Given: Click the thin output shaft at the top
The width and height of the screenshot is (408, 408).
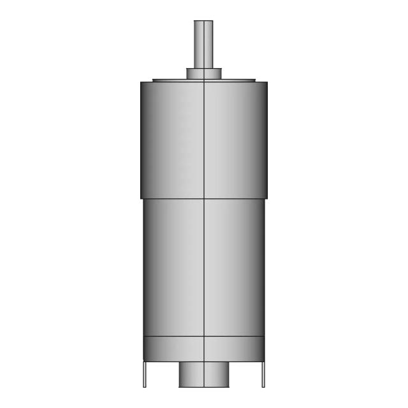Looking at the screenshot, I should point(203,45).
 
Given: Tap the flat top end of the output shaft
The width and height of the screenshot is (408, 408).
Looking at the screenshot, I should point(203,21).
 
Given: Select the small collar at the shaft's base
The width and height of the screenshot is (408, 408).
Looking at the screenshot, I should point(203,73).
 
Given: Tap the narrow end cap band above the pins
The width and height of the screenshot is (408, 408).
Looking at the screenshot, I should point(203,348).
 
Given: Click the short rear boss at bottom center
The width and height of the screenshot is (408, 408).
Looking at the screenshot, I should point(203,374).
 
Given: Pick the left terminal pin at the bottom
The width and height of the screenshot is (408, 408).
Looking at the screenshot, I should point(144,374).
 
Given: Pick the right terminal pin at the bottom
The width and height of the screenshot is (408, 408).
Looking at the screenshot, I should point(263,374).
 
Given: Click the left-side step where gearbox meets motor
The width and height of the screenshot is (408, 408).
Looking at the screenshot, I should point(142,198).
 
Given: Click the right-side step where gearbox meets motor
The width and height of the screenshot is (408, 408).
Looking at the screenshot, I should point(265,198).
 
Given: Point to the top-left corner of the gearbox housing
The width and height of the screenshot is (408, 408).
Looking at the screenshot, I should point(142,82).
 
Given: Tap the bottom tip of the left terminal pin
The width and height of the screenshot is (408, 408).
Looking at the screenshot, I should point(144,386).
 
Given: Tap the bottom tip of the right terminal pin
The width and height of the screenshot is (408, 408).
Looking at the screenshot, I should point(263,386).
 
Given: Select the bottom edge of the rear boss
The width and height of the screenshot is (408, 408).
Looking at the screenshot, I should point(203,387).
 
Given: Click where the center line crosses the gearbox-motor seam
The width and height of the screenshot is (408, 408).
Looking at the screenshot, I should point(203,198).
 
